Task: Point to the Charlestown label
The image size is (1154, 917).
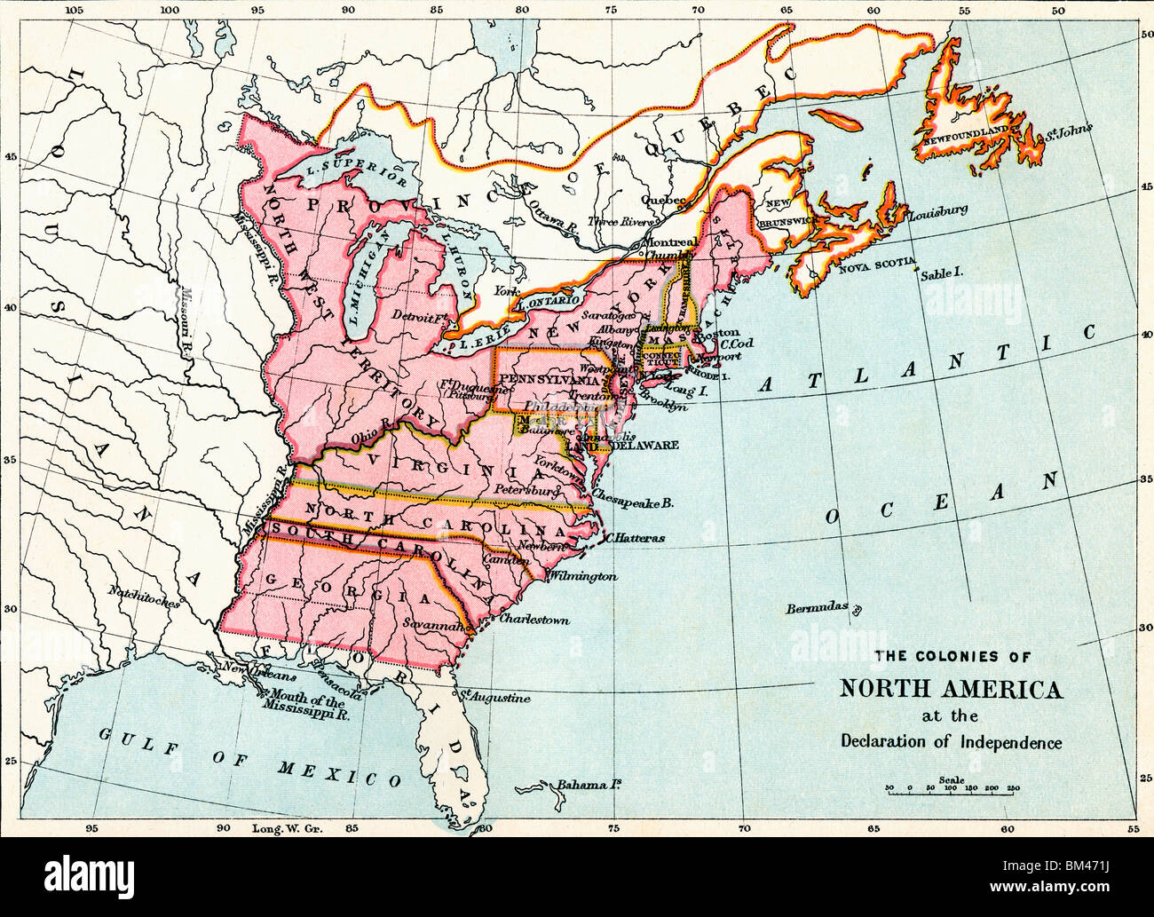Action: click(x=534, y=619)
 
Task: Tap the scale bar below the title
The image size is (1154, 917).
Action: click(x=950, y=788)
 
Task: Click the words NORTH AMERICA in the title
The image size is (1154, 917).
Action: click(x=951, y=689)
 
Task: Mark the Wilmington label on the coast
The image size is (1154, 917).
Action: click(x=582, y=576)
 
